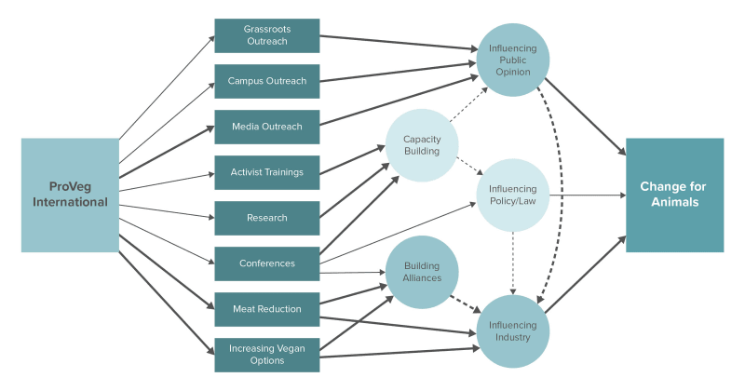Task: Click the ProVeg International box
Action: [70, 195]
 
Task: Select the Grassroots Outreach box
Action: [266, 35]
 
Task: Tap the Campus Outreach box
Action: [266, 81]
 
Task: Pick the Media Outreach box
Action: [266, 127]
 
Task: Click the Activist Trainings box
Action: [266, 172]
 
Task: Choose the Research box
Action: [266, 218]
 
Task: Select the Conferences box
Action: [266, 263]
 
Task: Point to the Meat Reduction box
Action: [266, 309]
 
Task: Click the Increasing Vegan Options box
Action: [266, 355]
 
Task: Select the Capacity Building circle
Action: [422, 145]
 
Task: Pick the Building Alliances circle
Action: [422, 272]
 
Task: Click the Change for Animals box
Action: [674, 195]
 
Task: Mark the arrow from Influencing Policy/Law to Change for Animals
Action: [587, 195]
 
